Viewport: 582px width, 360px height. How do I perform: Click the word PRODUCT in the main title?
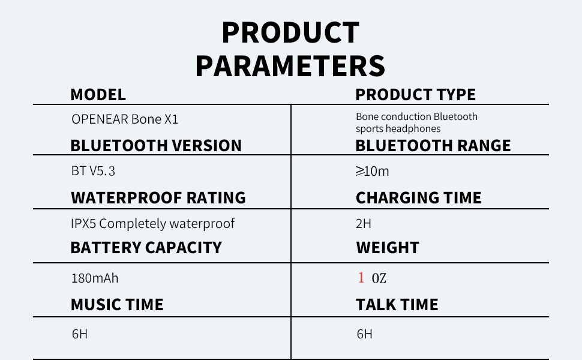[290, 33]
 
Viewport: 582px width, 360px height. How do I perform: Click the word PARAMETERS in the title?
[290, 66]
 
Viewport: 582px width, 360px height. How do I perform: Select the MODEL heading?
[98, 95]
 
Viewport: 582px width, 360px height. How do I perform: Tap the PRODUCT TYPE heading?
[415, 95]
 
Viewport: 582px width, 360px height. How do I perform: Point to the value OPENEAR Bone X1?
[125, 119]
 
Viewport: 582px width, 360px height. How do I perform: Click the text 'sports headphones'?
[398, 129]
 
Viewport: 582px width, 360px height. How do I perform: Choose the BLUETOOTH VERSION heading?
[156, 146]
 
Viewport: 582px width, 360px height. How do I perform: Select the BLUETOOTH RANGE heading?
[433, 146]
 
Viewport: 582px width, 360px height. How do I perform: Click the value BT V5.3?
[93, 172]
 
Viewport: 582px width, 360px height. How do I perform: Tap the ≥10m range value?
[372, 172]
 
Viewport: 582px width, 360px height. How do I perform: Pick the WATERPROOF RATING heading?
[158, 198]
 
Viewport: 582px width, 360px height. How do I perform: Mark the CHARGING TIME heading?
[418, 198]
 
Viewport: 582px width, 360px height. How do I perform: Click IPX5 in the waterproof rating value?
[85, 224]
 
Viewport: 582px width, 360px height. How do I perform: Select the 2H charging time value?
[364, 224]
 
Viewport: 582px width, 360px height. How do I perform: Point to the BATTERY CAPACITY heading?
[146, 248]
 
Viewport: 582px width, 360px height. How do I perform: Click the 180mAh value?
[91, 278]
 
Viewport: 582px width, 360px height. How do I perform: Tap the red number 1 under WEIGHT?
[361, 278]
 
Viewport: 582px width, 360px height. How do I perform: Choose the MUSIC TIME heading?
[117, 305]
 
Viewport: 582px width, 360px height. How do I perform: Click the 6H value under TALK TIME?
[364, 334]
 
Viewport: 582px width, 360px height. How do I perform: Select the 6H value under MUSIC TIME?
[80, 334]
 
